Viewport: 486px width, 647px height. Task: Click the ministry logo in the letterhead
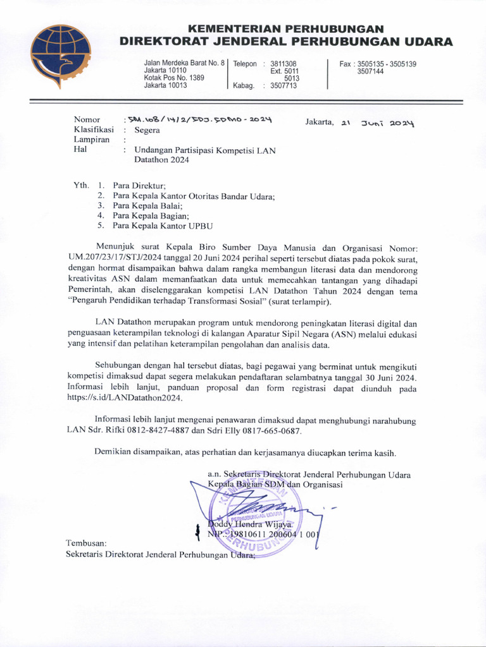click(x=61, y=55)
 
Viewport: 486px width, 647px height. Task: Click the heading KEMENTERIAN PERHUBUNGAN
click(x=287, y=29)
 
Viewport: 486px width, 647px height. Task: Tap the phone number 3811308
click(x=283, y=64)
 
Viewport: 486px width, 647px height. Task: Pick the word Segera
click(x=147, y=130)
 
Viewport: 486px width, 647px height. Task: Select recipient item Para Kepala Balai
click(x=147, y=205)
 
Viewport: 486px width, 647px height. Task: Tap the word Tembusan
click(x=87, y=543)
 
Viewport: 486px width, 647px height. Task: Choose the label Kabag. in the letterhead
click(x=244, y=86)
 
